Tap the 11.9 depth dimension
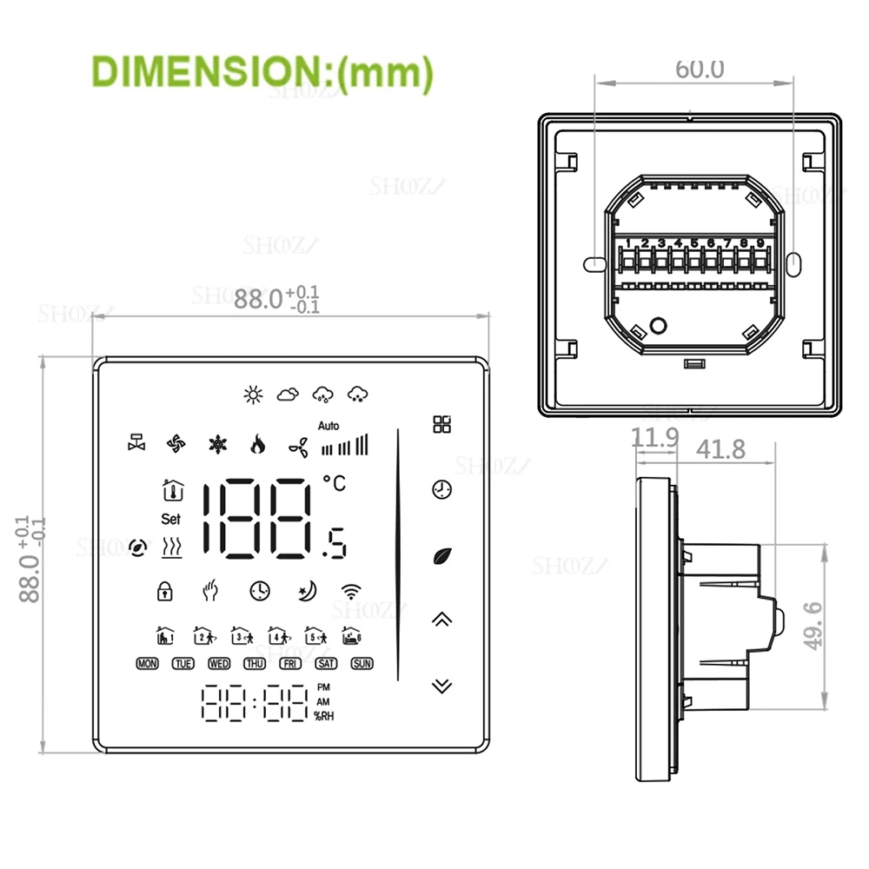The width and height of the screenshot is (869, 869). [x=654, y=438]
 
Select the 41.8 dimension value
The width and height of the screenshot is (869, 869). [x=721, y=448]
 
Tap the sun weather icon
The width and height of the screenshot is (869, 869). [x=252, y=395]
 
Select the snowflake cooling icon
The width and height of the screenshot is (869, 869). [x=216, y=445]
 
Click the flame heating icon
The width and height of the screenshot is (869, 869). [x=256, y=445]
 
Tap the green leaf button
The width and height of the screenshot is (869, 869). [x=442, y=555]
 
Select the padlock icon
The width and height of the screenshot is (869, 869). [x=164, y=591]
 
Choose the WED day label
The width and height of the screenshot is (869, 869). [x=219, y=664]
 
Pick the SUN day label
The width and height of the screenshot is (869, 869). [x=362, y=664]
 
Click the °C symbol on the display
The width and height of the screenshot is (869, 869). [x=334, y=484]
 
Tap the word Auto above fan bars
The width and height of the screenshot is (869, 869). [x=328, y=426]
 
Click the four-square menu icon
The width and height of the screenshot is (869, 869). [x=442, y=425]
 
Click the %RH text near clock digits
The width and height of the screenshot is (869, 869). [x=325, y=717]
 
